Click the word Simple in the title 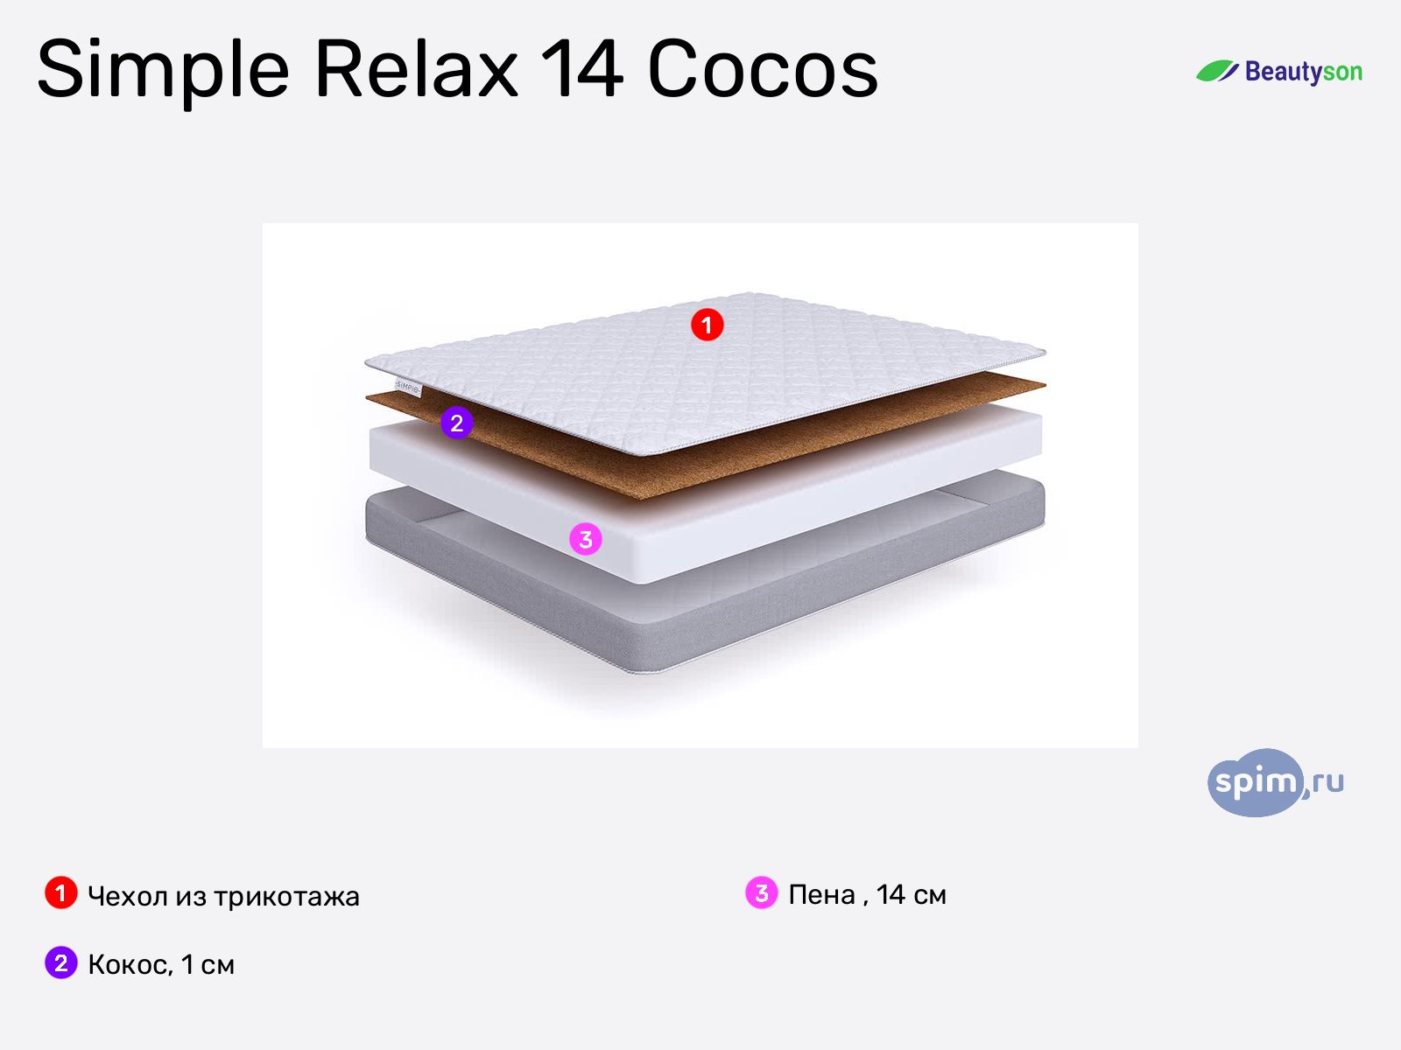[163, 70]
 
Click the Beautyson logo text [1303, 72]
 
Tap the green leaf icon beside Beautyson [1217, 72]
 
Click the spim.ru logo [1274, 782]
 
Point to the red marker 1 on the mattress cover [707, 325]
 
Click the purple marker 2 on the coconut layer [456, 423]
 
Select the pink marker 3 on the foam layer [586, 539]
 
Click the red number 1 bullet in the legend [60, 893]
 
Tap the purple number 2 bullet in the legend [60, 962]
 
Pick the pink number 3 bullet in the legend [761, 893]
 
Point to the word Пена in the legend [821, 894]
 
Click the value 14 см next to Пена [912, 894]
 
